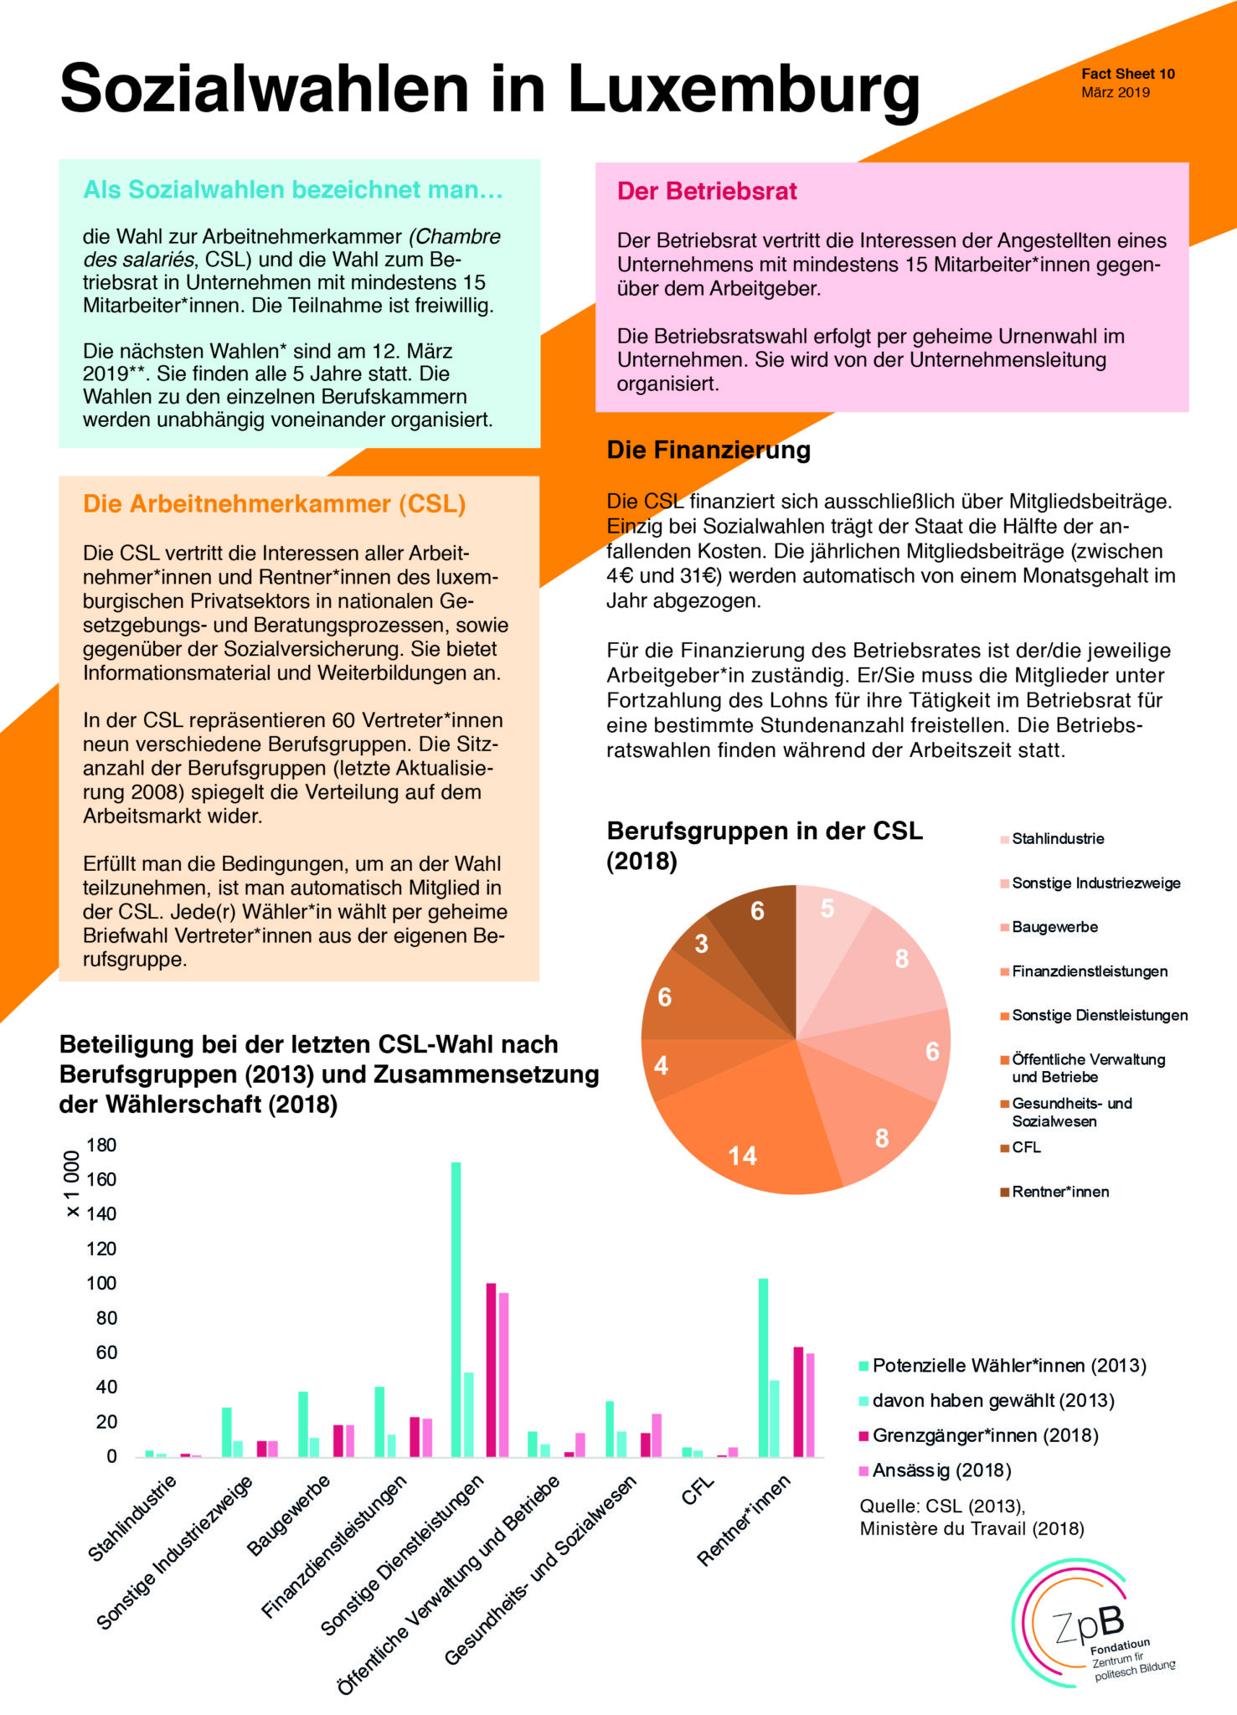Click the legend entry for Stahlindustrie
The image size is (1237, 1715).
pyautogui.click(x=1057, y=839)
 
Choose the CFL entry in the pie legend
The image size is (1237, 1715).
pyautogui.click(x=1025, y=1147)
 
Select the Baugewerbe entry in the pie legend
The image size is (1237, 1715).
pyautogui.click(x=1054, y=927)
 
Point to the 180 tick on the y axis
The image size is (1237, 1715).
pyautogui.click(x=101, y=1145)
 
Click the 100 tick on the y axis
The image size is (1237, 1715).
pyautogui.click(x=101, y=1284)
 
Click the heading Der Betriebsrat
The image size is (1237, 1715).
pyautogui.click(x=707, y=191)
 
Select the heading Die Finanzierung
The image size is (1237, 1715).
pyautogui.click(x=709, y=451)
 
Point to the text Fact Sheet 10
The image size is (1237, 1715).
pyautogui.click(x=1127, y=74)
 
